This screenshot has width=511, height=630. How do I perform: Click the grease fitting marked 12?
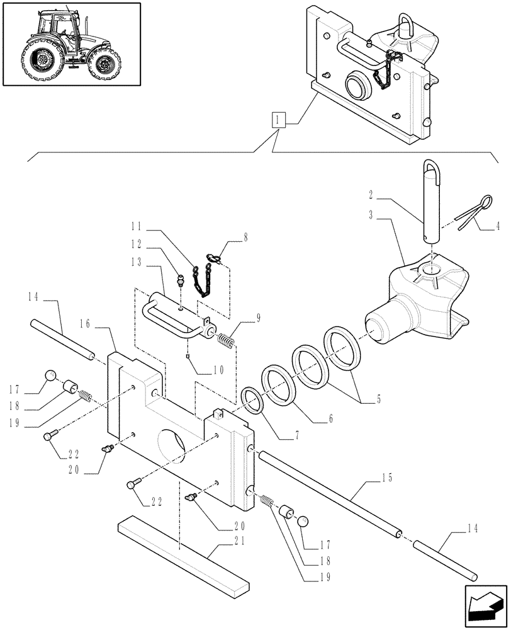point(179,280)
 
